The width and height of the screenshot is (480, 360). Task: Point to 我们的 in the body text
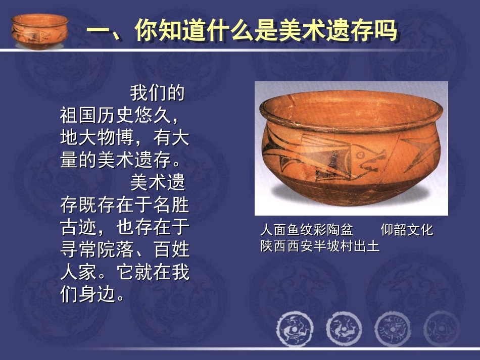[x=157, y=94]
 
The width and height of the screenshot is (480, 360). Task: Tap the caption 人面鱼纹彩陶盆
[x=306, y=231]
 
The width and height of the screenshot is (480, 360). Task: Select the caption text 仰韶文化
[x=407, y=231]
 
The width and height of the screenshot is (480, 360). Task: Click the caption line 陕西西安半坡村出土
[x=319, y=246]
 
